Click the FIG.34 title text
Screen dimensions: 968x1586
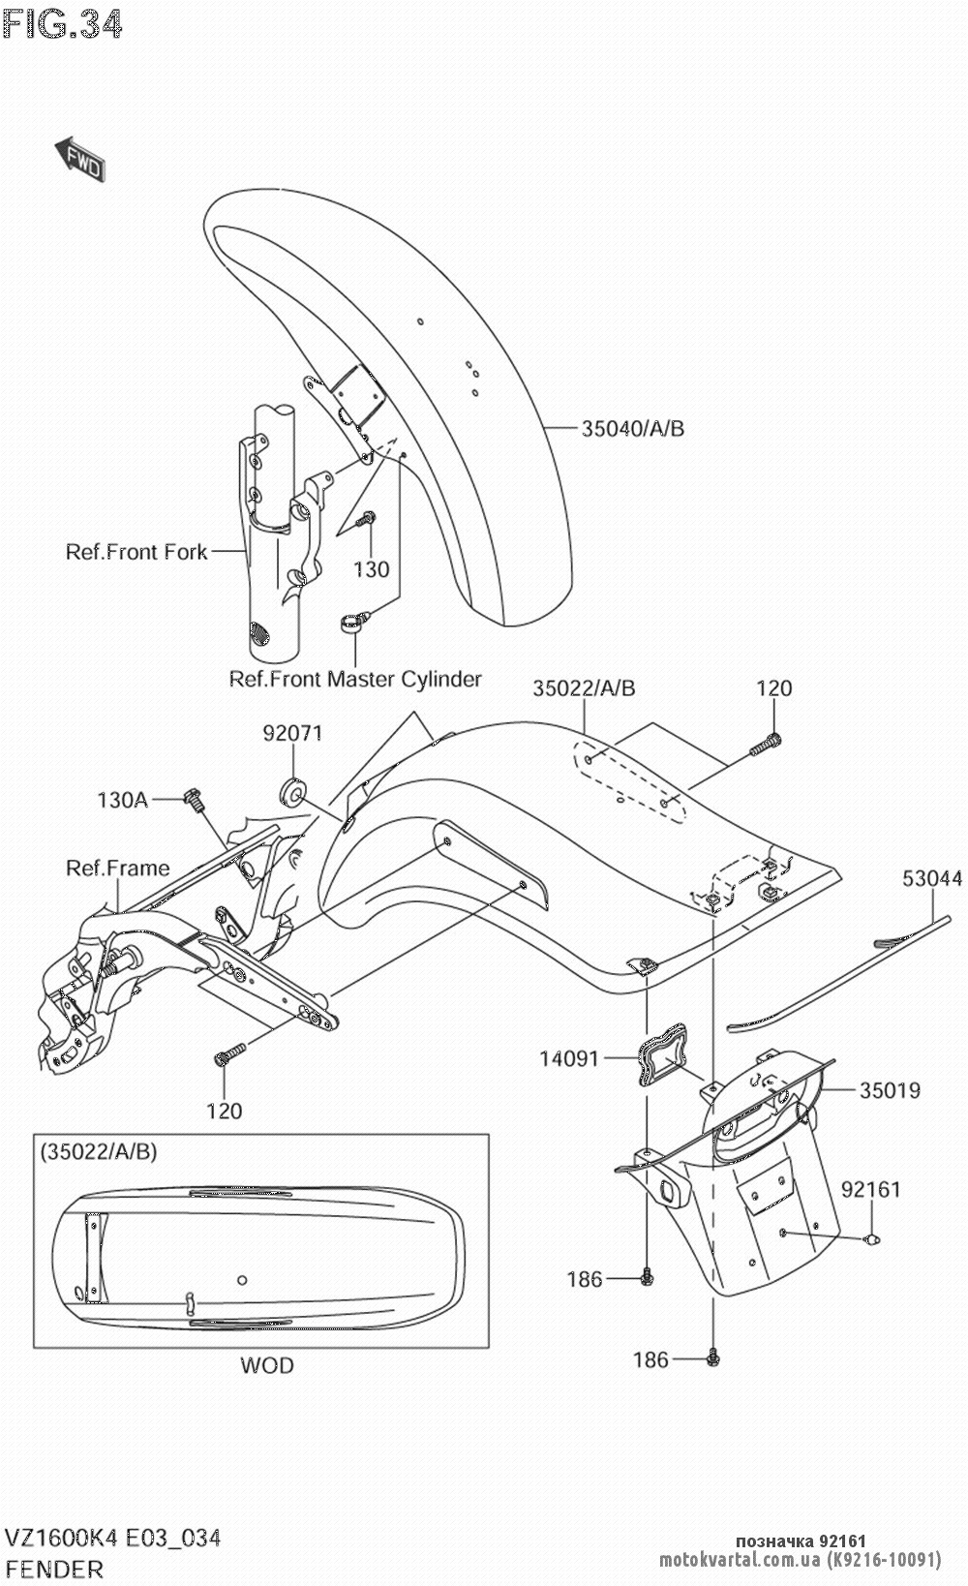(62, 24)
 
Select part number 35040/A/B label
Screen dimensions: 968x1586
(633, 428)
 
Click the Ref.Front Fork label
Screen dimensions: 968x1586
(136, 552)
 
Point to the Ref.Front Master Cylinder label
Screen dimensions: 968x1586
(355, 679)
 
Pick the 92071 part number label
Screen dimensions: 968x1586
(293, 733)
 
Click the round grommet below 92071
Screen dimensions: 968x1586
(292, 792)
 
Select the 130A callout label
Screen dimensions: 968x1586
(122, 800)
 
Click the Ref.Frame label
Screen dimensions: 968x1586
(117, 869)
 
